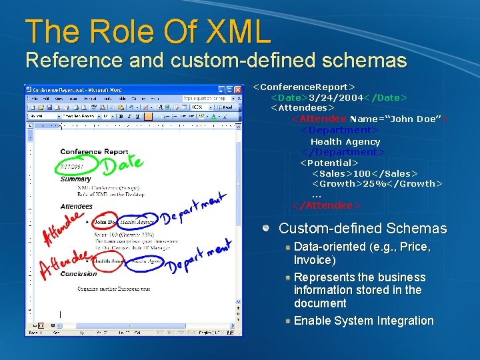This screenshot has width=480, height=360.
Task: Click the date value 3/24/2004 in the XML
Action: pos(335,97)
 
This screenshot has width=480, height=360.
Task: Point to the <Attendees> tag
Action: pos(302,107)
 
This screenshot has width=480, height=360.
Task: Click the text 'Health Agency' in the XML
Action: pos(345,141)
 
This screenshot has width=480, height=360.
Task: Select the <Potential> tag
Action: pos(329,163)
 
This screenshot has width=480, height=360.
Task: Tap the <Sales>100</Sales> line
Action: pos(364,173)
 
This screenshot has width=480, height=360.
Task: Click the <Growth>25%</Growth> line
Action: pos(377,183)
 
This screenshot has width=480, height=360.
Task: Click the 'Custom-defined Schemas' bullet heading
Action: pos(363,228)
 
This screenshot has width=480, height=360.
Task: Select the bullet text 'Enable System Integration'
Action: pos(363,321)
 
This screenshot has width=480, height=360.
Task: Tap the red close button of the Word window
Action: pos(237,89)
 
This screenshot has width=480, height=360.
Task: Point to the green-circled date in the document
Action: pos(71,167)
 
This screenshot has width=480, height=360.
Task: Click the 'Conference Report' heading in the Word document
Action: pos(94,152)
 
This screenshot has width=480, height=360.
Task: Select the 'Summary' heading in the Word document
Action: pos(75,179)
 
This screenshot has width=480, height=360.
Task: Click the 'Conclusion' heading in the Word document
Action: pos(79,273)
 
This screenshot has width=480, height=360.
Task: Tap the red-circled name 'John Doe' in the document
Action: pos(104,221)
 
